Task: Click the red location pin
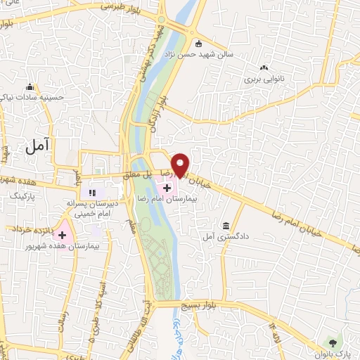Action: tap(181, 165)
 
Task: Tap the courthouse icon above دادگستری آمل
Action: tap(225, 226)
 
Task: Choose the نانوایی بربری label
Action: tap(262, 79)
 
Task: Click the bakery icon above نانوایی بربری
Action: tap(264, 68)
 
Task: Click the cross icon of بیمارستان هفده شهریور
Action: tap(62, 235)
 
